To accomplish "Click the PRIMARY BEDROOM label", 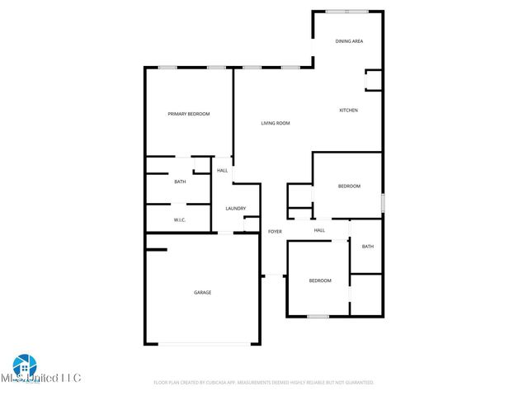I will point(189,114).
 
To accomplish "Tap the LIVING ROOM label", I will point(276,124).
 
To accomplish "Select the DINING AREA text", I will point(349,40).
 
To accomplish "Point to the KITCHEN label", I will point(349,110).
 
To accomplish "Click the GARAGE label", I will point(202,292).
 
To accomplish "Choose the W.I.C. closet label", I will point(179,220).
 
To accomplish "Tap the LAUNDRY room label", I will point(236,208).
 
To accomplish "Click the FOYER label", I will point(275,232).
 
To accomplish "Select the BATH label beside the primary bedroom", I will point(180,181).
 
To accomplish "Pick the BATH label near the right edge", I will point(367,246).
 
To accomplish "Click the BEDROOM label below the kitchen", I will point(349,186).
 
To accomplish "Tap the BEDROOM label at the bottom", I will point(320,280).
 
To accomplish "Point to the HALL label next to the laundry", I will point(223,171).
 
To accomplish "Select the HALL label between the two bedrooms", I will point(319,230).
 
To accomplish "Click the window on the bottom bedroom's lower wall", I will point(318,316).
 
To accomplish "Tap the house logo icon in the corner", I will point(24,365).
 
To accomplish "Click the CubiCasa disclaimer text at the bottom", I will point(264,383).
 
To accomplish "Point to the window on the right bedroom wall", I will point(382,203).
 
